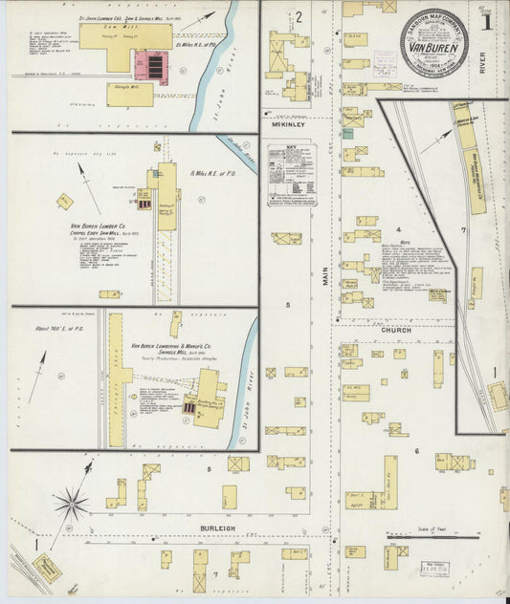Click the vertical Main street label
click(325, 276)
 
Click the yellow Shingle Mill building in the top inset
click(129, 94)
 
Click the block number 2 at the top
click(299, 16)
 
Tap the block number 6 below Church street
click(417, 450)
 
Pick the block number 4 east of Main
click(397, 230)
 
